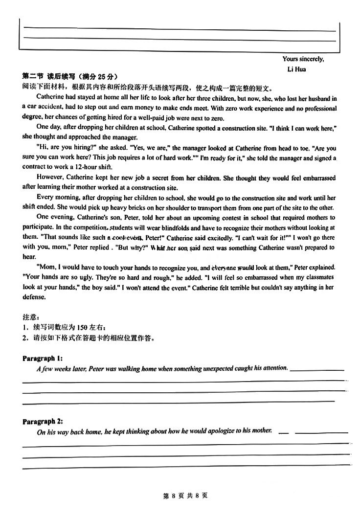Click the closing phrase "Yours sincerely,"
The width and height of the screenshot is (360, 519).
303,59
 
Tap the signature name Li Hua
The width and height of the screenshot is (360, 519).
296,69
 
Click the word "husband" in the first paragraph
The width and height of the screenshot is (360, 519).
318,98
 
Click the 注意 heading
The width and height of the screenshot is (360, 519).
29,317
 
